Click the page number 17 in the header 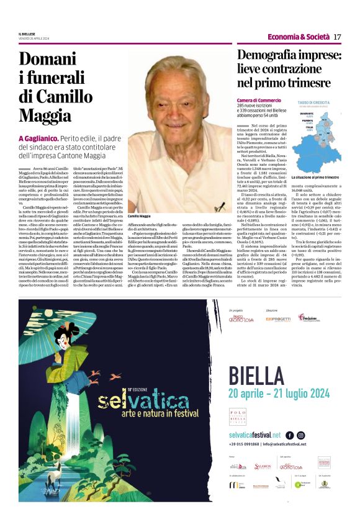[x=337, y=37]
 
